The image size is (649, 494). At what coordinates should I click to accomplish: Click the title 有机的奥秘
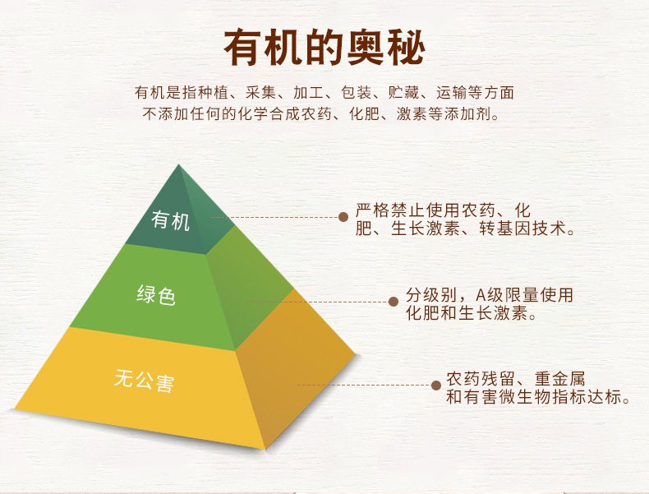(324, 48)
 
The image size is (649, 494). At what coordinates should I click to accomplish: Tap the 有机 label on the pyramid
(171, 220)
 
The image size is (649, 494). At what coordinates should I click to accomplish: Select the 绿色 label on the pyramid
(156, 295)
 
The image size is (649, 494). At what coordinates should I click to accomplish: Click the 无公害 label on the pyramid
(144, 380)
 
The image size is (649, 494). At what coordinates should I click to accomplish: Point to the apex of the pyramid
(179, 165)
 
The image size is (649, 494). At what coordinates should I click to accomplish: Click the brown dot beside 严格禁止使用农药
(343, 216)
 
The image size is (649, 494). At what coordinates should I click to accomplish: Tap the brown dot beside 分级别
(394, 302)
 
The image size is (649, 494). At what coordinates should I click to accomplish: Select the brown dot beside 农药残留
(435, 386)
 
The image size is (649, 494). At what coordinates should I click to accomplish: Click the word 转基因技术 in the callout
(522, 229)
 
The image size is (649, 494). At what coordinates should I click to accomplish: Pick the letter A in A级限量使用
(481, 295)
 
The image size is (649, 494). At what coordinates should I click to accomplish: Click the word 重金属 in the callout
(559, 379)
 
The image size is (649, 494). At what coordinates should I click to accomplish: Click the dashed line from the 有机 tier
(274, 217)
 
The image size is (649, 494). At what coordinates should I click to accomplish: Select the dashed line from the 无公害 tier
(364, 386)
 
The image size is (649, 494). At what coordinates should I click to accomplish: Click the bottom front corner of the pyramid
(265, 449)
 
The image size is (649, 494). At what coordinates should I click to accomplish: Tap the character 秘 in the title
(407, 48)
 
